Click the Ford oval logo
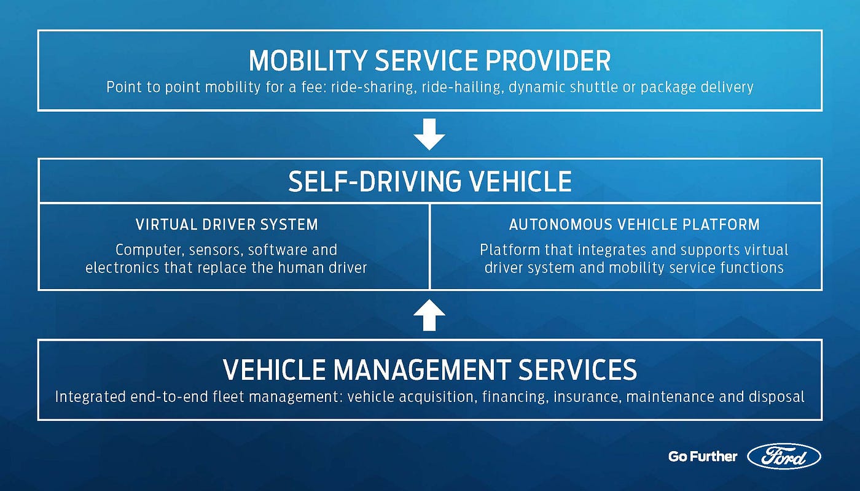[x=784, y=456]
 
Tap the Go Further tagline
[x=703, y=456]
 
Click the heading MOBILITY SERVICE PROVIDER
[x=429, y=61]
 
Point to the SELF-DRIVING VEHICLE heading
[x=429, y=182]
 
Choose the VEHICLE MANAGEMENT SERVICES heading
[x=429, y=369]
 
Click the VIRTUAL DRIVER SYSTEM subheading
[x=227, y=225]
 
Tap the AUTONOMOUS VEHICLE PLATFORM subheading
[x=634, y=225]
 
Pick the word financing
[x=515, y=397]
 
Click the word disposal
[x=776, y=397]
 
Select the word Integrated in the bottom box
[x=90, y=397]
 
